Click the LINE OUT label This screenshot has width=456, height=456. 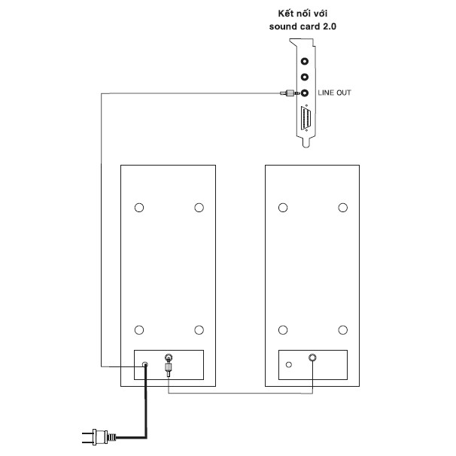point(334,93)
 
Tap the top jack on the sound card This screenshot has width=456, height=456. point(305,62)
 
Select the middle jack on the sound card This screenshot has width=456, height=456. point(305,77)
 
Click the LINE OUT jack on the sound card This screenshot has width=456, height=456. point(305,93)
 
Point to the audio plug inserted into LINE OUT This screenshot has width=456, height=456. point(290,93)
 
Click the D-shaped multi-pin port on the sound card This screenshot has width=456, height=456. point(306,118)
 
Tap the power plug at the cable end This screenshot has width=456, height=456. point(99,437)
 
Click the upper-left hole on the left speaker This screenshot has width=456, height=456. point(139,208)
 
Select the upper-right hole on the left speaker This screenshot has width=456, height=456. point(199,208)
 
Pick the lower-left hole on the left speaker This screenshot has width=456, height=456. point(139,330)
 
